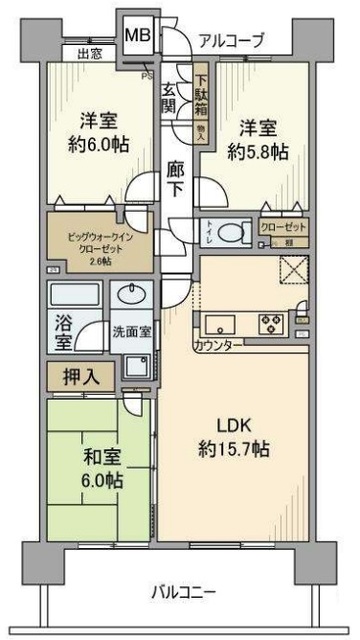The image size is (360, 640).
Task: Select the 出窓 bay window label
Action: click(89, 54)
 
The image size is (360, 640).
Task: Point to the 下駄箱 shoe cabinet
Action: click(201, 95)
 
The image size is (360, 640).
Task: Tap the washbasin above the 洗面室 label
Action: click(131, 297)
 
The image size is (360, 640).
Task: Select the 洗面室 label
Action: click(130, 332)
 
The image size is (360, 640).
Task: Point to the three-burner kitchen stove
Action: click(270, 323)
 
